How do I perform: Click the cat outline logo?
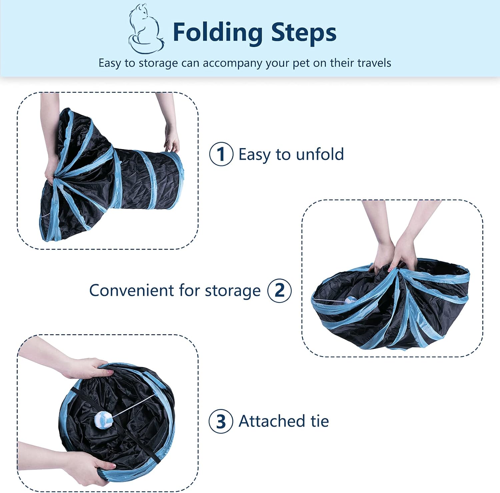[x=146, y=29]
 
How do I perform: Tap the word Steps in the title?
[x=304, y=33]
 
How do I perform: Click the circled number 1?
[x=221, y=154]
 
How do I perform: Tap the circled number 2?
[x=279, y=291]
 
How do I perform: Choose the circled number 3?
[x=221, y=421]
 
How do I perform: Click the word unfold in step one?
[x=320, y=154]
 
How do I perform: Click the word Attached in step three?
[x=272, y=421]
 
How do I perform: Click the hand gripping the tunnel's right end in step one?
[x=171, y=140]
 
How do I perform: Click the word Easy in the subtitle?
[x=110, y=63]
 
